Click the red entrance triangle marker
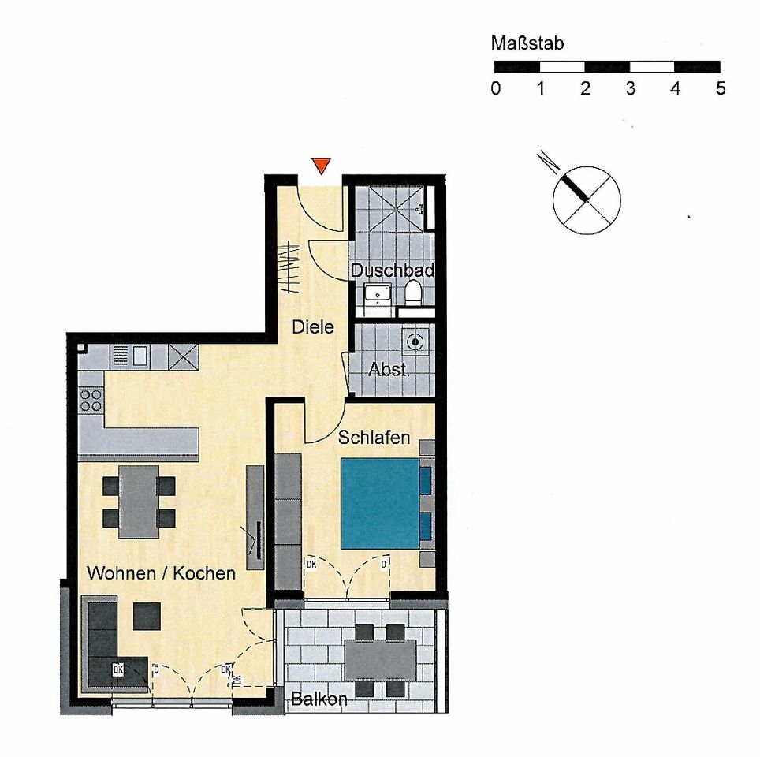(320, 165)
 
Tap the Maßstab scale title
(527, 43)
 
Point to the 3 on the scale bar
(630, 88)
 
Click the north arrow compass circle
(586, 200)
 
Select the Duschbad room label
(393, 270)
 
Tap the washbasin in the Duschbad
(378, 296)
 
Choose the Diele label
(313, 326)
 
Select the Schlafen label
(374, 437)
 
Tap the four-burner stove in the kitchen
(91, 400)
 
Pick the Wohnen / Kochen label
(161, 573)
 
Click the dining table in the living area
(139, 502)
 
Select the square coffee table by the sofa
(147, 617)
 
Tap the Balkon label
(319, 699)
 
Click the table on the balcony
(380, 659)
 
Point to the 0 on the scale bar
(495, 88)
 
